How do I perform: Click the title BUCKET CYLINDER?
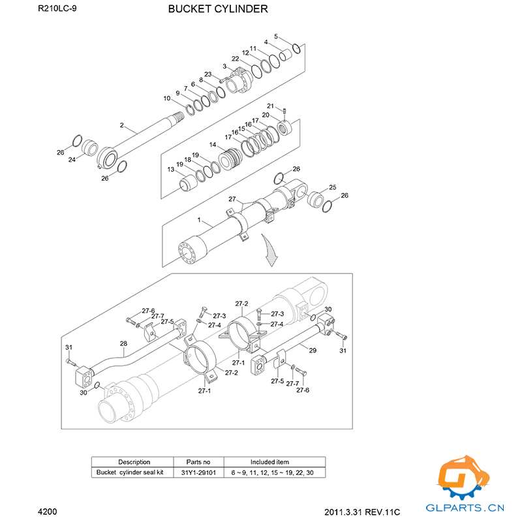[x=218, y=9]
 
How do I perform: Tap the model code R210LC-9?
[x=57, y=8]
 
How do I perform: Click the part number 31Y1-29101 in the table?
[x=198, y=472]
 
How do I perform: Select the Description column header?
[x=134, y=462]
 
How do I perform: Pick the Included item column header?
[x=269, y=462]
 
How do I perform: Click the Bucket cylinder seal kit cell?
[x=130, y=472]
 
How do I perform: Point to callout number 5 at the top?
[x=276, y=37]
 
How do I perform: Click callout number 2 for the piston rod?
[x=122, y=125]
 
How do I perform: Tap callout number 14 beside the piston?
[x=213, y=144]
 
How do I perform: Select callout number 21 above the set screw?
[x=270, y=106]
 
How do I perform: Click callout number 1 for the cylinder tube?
[x=199, y=220]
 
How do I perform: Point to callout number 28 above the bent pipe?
[x=123, y=343]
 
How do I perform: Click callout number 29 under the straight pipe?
[x=313, y=350]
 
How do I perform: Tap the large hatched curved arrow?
[x=269, y=251]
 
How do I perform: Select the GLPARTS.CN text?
[x=465, y=508]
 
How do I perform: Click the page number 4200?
[x=48, y=512]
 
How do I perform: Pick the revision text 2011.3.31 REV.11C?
[x=362, y=512]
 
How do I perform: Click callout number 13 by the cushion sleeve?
[x=171, y=170]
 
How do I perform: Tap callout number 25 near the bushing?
[x=333, y=187]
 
